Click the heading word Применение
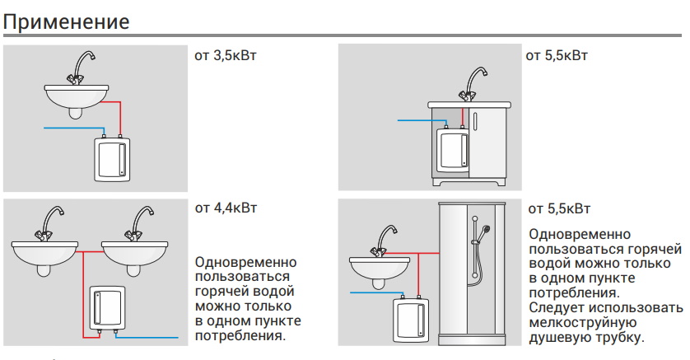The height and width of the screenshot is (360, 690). click(66, 21)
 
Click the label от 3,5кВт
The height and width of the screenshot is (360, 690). click(226, 56)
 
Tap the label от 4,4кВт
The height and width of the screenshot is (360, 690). click(226, 208)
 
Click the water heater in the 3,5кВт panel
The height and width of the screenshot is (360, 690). click(112, 158)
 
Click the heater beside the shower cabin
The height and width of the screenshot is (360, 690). click(410, 319)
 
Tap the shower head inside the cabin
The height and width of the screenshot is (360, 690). click(485, 230)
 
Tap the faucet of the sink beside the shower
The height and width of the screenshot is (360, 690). click(385, 241)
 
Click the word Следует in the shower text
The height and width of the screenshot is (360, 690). click(557, 307)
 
